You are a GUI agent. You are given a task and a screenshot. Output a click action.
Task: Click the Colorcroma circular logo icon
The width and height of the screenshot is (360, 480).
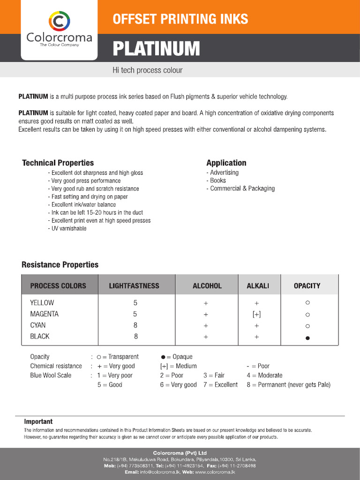(59, 21)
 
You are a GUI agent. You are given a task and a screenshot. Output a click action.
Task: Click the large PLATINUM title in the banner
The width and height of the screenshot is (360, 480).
(156, 49)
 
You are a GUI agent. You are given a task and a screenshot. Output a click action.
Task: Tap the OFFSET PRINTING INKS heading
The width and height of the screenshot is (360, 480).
(180, 19)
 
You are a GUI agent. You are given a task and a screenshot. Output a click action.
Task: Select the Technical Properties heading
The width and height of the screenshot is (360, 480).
(58, 163)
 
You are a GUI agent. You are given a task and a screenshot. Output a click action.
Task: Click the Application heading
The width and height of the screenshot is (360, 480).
(226, 163)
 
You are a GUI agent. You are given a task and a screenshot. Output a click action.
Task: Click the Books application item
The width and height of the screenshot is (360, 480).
(217, 180)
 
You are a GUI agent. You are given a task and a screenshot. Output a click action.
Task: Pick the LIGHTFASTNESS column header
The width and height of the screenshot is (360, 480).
(134, 286)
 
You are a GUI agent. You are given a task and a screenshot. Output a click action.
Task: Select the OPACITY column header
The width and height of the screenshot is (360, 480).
(307, 285)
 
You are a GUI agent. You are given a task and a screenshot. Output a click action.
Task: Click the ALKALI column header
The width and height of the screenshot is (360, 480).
(257, 286)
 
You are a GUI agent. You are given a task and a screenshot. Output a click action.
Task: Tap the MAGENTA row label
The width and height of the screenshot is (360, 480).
(44, 314)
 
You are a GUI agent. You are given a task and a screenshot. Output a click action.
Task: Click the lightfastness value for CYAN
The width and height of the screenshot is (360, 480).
(135, 325)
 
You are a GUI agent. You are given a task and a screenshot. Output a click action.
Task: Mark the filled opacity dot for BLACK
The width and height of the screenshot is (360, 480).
(307, 338)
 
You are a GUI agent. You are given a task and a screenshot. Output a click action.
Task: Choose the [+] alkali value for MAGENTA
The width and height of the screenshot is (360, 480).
(256, 314)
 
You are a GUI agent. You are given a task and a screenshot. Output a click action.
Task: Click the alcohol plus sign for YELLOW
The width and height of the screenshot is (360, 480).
(206, 303)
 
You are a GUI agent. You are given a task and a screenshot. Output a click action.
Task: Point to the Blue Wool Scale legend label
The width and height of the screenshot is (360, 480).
(51, 375)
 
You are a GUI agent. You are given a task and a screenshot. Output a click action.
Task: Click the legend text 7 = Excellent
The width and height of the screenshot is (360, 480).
(220, 385)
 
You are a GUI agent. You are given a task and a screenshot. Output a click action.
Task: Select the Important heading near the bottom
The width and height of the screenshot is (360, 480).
(38, 422)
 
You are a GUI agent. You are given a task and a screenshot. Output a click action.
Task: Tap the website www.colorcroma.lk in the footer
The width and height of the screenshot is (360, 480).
(215, 472)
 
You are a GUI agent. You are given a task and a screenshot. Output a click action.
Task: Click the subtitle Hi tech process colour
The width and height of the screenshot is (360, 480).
(147, 70)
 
